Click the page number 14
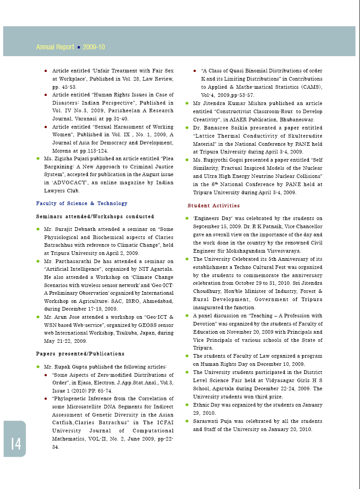(16, 444)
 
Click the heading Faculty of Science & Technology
(82, 203)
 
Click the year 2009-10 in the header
(94, 47)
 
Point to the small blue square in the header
(79, 47)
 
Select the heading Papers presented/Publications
(80, 354)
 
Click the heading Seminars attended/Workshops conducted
(95, 216)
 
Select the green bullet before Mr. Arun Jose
(38, 317)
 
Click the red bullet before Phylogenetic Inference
(46, 399)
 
